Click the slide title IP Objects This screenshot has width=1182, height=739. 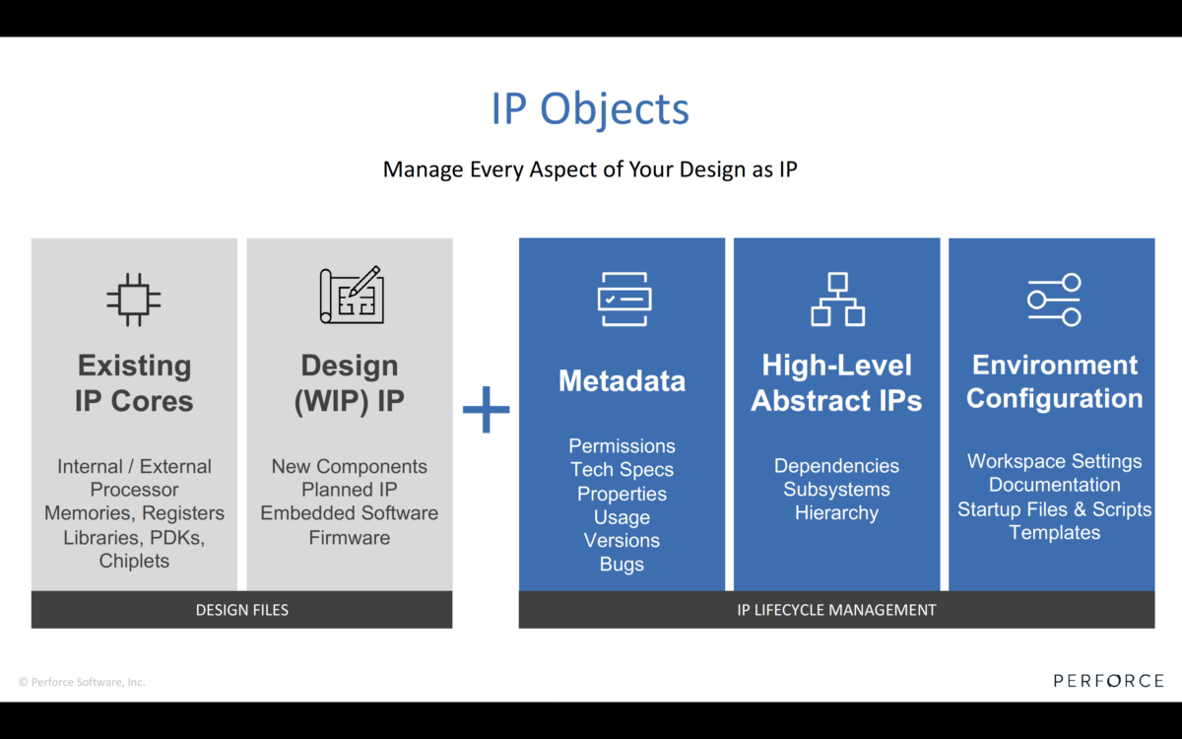click(590, 108)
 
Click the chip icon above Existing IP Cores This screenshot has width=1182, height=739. click(134, 300)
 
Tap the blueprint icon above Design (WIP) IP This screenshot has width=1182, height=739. click(351, 295)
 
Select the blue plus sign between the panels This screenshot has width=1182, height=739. click(487, 409)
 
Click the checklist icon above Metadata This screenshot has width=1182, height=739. click(624, 300)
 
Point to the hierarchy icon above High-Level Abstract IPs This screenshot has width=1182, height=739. click(837, 300)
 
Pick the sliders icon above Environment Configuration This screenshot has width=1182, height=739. click(1054, 300)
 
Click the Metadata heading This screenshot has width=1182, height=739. click(622, 381)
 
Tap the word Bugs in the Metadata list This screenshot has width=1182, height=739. click(622, 565)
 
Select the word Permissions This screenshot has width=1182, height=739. click(622, 446)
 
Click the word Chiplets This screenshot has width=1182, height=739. click(134, 562)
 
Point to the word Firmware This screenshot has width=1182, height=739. click(350, 538)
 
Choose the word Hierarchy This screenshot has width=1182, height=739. click(836, 513)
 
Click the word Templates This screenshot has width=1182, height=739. click(1054, 533)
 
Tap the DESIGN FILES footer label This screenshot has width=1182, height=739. click(242, 610)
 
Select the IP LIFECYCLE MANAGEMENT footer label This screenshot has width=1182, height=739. click(836, 610)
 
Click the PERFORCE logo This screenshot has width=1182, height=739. click(1108, 681)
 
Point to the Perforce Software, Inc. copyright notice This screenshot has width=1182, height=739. click(82, 682)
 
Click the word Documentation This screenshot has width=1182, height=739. click(1054, 486)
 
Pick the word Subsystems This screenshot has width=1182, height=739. click(836, 490)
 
